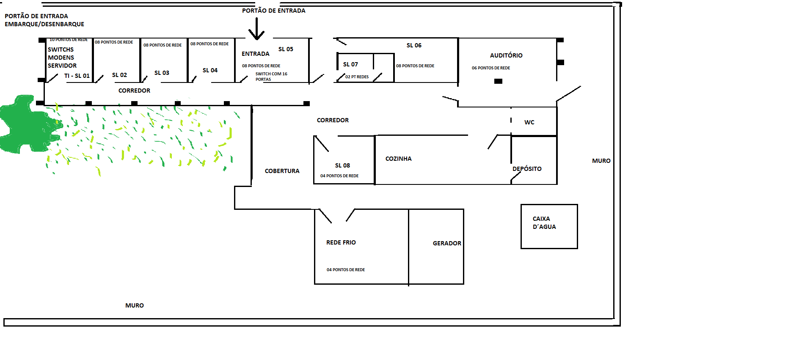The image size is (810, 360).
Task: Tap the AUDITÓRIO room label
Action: point(506,55)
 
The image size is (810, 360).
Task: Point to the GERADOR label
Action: point(447,243)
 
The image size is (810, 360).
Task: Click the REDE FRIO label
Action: point(341,242)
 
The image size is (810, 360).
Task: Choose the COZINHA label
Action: point(398,159)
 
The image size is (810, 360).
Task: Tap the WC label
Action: point(529,122)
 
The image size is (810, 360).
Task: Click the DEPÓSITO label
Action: point(527,169)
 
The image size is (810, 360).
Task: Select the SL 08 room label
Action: point(342,165)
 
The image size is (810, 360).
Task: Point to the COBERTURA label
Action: point(282,171)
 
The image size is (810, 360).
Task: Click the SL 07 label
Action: point(350,64)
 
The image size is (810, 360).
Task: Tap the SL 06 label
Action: point(414,45)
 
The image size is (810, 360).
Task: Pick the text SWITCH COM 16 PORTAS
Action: point(271,77)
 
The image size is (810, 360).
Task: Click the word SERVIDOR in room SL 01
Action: point(62,66)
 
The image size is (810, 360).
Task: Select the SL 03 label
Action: point(162,73)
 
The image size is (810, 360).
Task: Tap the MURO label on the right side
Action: point(601,161)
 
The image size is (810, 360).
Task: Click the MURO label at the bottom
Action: point(135,305)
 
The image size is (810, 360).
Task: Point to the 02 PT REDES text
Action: point(357,77)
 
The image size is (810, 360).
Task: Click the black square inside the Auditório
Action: point(498,81)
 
